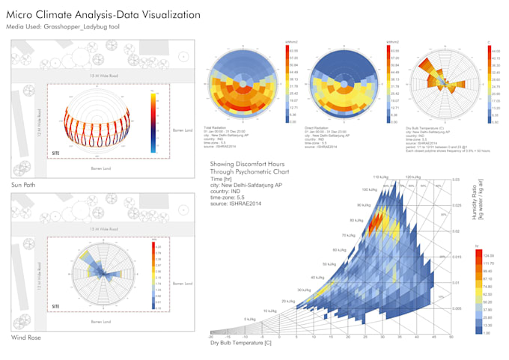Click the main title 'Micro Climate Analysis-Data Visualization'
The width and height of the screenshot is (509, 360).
(x=103, y=14)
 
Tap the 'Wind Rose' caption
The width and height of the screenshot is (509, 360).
(x=25, y=338)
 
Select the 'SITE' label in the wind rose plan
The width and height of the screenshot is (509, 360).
(x=55, y=306)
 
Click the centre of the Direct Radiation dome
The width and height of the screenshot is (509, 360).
(x=344, y=82)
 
